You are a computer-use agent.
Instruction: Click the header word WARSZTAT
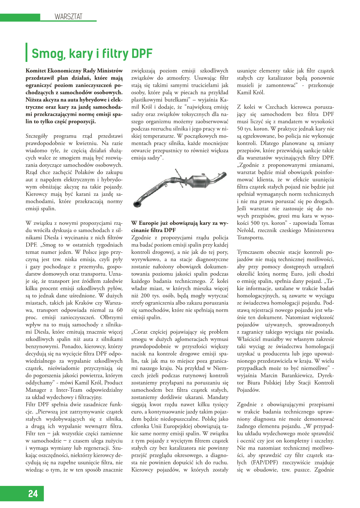[x=68, y=17]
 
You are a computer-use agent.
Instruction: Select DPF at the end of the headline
[x=142, y=54]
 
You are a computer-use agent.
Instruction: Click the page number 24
[x=33, y=493]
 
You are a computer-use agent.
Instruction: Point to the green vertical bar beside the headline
[x=27, y=52]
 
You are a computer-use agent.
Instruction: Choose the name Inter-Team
[x=69, y=390]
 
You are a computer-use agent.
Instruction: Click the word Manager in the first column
[x=36, y=390]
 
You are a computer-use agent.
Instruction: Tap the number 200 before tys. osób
[x=145, y=296]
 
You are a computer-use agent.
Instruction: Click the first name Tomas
[x=326, y=223]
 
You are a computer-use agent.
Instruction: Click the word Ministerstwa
[x=319, y=230]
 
